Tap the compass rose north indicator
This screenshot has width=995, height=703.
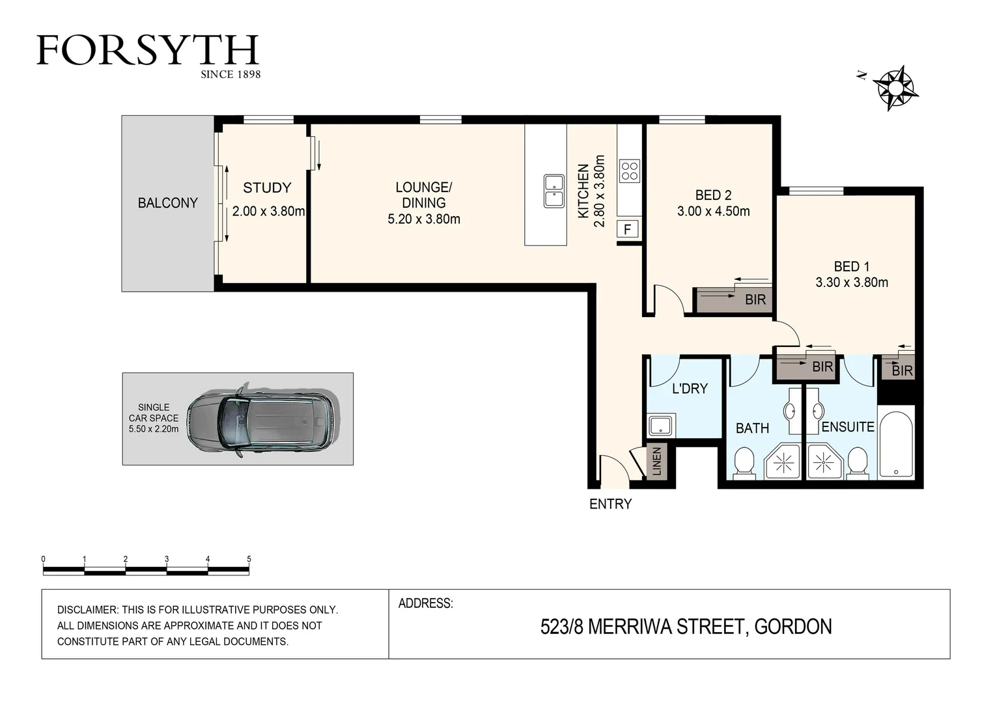pyautogui.click(x=895, y=87)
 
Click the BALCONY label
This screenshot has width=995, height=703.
pyautogui.click(x=167, y=203)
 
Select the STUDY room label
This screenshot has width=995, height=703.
pyautogui.click(x=267, y=188)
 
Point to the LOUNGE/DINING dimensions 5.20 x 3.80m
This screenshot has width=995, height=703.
pyautogui.click(x=424, y=219)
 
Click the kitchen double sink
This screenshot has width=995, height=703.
pyautogui.click(x=554, y=191)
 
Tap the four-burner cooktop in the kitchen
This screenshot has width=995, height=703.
pyautogui.click(x=630, y=171)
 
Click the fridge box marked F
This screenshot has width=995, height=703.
pyautogui.click(x=628, y=229)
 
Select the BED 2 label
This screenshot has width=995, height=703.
pyautogui.click(x=713, y=195)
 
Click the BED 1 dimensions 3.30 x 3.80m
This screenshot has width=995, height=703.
pyautogui.click(x=852, y=283)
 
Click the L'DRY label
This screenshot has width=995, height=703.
pyautogui.click(x=690, y=389)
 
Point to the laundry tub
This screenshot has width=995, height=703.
pyautogui.click(x=661, y=426)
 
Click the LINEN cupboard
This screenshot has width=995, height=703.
pyautogui.click(x=656, y=462)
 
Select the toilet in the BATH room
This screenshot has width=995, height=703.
pyautogui.click(x=744, y=463)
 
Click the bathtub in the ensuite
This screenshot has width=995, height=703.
pyautogui.click(x=896, y=445)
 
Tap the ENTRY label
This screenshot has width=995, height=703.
pyautogui.click(x=610, y=504)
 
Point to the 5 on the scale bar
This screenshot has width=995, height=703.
pyautogui.click(x=249, y=559)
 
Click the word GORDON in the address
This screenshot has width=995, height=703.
pyautogui.click(x=792, y=627)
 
